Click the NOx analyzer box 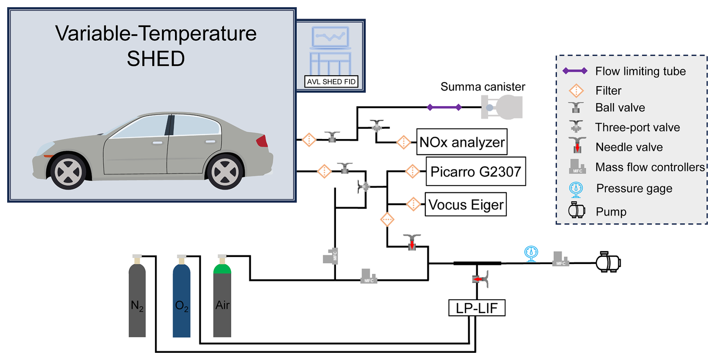pyautogui.click(x=461, y=142)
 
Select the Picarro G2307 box pyautogui.click(x=475, y=172)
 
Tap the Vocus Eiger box pyautogui.click(x=466, y=205)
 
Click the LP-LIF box pyautogui.click(x=477, y=308)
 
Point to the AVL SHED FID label pyautogui.click(x=331, y=82)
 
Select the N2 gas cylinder pyautogui.click(x=137, y=298)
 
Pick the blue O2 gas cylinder pyautogui.click(x=181, y=298)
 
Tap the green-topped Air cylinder pyautogui.click(x=222, y=298)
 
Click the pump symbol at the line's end pyautogui.click(x=608, y=263)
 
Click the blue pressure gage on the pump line pyautogui.click(x=531, y=253)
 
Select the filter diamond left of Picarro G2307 pyautogui.click(x=412, y=172)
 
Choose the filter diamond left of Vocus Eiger pyautogui.click(x=413, y=204)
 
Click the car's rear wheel pyautogui.click(x=225, y=172)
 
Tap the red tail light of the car pyautogui.click(x=262, y=141)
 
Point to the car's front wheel pyautogui.click(x=68, y=172)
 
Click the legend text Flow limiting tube pyautogui.click(x=640, y=71)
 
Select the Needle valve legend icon pyautogui.click(x=577, y=145)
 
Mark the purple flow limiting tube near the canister pyautogui.click(x=444, y=107)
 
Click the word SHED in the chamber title pyautogui.click(x=156, y=59)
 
